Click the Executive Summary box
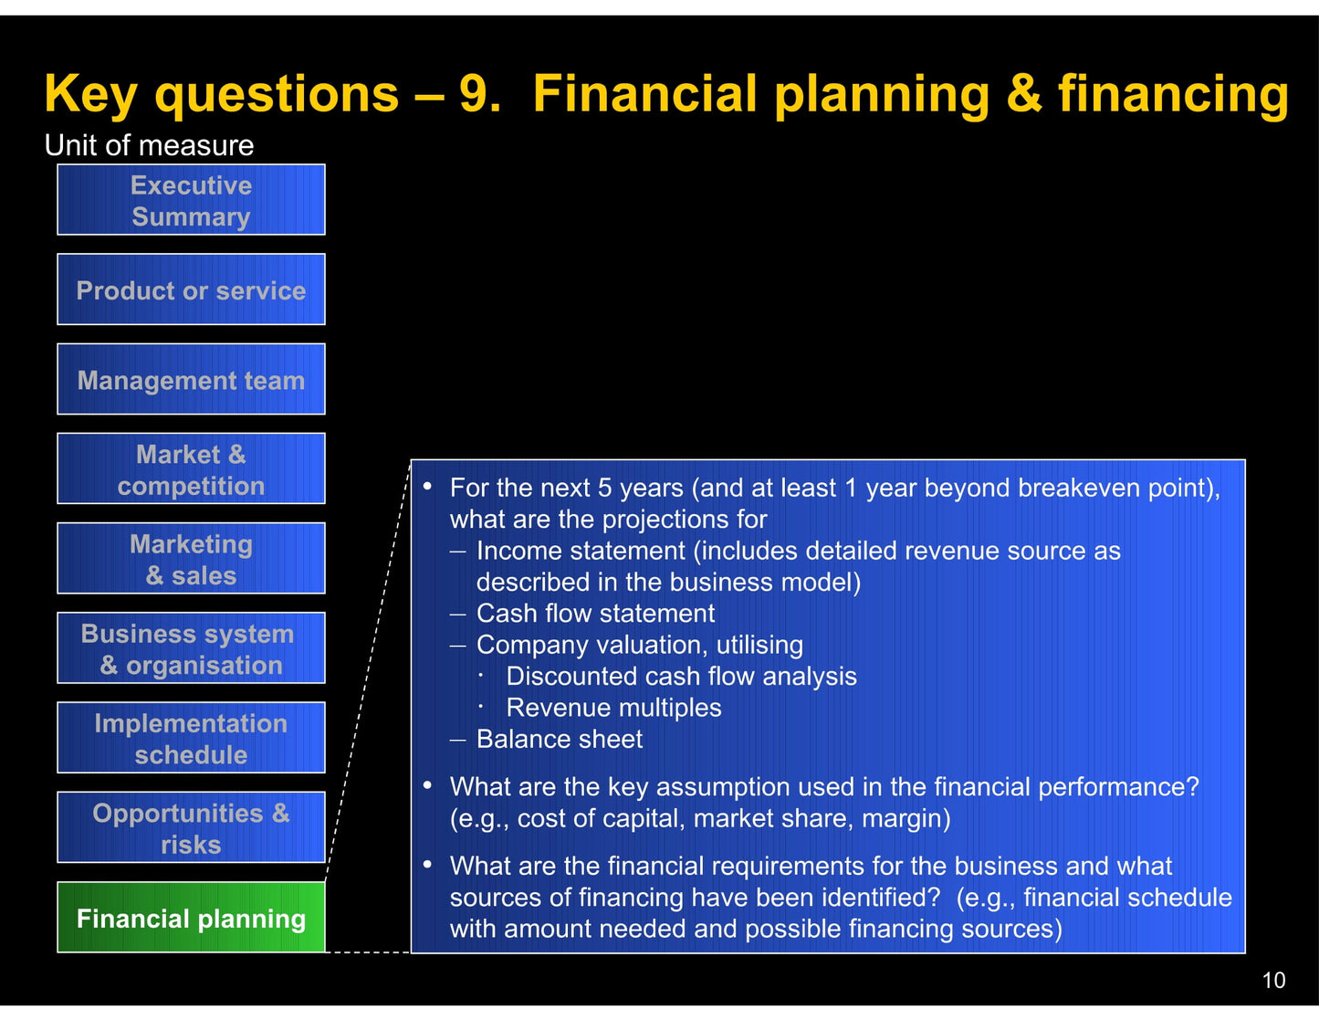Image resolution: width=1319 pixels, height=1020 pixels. [x=191, y=200]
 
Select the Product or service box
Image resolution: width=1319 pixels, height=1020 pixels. [x=191, y=289]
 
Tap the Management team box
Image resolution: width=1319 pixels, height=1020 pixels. [x=191, y=379]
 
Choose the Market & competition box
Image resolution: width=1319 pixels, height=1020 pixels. [x=191, y=468]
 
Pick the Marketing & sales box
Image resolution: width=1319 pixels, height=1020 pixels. [x=191, y=558]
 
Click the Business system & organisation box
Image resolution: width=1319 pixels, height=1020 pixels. [x=191, y=648]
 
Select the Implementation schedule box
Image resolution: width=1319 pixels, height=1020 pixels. [x=191, y=738]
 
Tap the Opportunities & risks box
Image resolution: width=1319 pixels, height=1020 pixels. [x=191, y=827]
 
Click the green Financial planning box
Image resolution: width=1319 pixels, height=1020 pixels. [x=191, y=918]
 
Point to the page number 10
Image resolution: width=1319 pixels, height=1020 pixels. [x=1273, y=981]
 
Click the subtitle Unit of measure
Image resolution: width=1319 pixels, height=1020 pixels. [x=149, y=145]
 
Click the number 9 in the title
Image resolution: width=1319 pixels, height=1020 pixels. [x=476, y=94]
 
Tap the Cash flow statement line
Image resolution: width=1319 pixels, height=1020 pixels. [x=595, y=614]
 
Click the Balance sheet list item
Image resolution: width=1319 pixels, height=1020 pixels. [x=559, y=739]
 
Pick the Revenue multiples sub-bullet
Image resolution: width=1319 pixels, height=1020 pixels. [x=613, y=708]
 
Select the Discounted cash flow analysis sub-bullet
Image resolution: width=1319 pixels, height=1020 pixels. [x=681, y=677]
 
